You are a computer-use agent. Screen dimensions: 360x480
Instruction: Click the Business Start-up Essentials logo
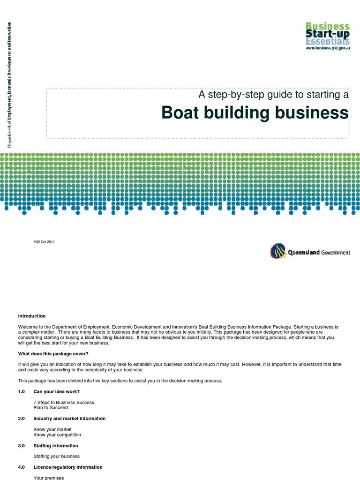[328, 36]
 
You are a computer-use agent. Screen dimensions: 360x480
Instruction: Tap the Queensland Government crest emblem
[277, 251]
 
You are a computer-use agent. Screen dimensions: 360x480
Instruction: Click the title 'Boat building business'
[255, 113]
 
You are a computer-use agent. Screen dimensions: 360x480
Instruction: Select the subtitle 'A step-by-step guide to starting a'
[273, 95]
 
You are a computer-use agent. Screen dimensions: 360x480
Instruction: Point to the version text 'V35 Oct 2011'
[44, 242]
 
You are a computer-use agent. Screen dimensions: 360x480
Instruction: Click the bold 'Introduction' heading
[32, 316]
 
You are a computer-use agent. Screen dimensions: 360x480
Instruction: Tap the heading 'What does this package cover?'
[53, 353]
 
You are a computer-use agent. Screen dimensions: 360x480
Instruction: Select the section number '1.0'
[22, 391]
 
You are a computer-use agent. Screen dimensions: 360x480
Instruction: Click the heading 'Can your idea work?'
[56, 391]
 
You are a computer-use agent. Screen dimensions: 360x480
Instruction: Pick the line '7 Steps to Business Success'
[64, 402]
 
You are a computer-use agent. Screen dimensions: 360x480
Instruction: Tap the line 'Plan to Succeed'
[51, 408]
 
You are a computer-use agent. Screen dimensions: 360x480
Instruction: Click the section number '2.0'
[22, 419]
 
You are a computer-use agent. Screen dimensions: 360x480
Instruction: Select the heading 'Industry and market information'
[69, 419]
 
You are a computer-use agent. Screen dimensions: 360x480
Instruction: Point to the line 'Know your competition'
[57, 435]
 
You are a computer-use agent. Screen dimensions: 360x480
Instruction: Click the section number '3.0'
[22, 446]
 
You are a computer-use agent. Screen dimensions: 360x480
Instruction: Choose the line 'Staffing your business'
[57, 456]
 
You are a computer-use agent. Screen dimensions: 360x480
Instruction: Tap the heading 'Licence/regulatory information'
[68, 467]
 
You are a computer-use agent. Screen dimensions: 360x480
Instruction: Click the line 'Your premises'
[49, 478]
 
